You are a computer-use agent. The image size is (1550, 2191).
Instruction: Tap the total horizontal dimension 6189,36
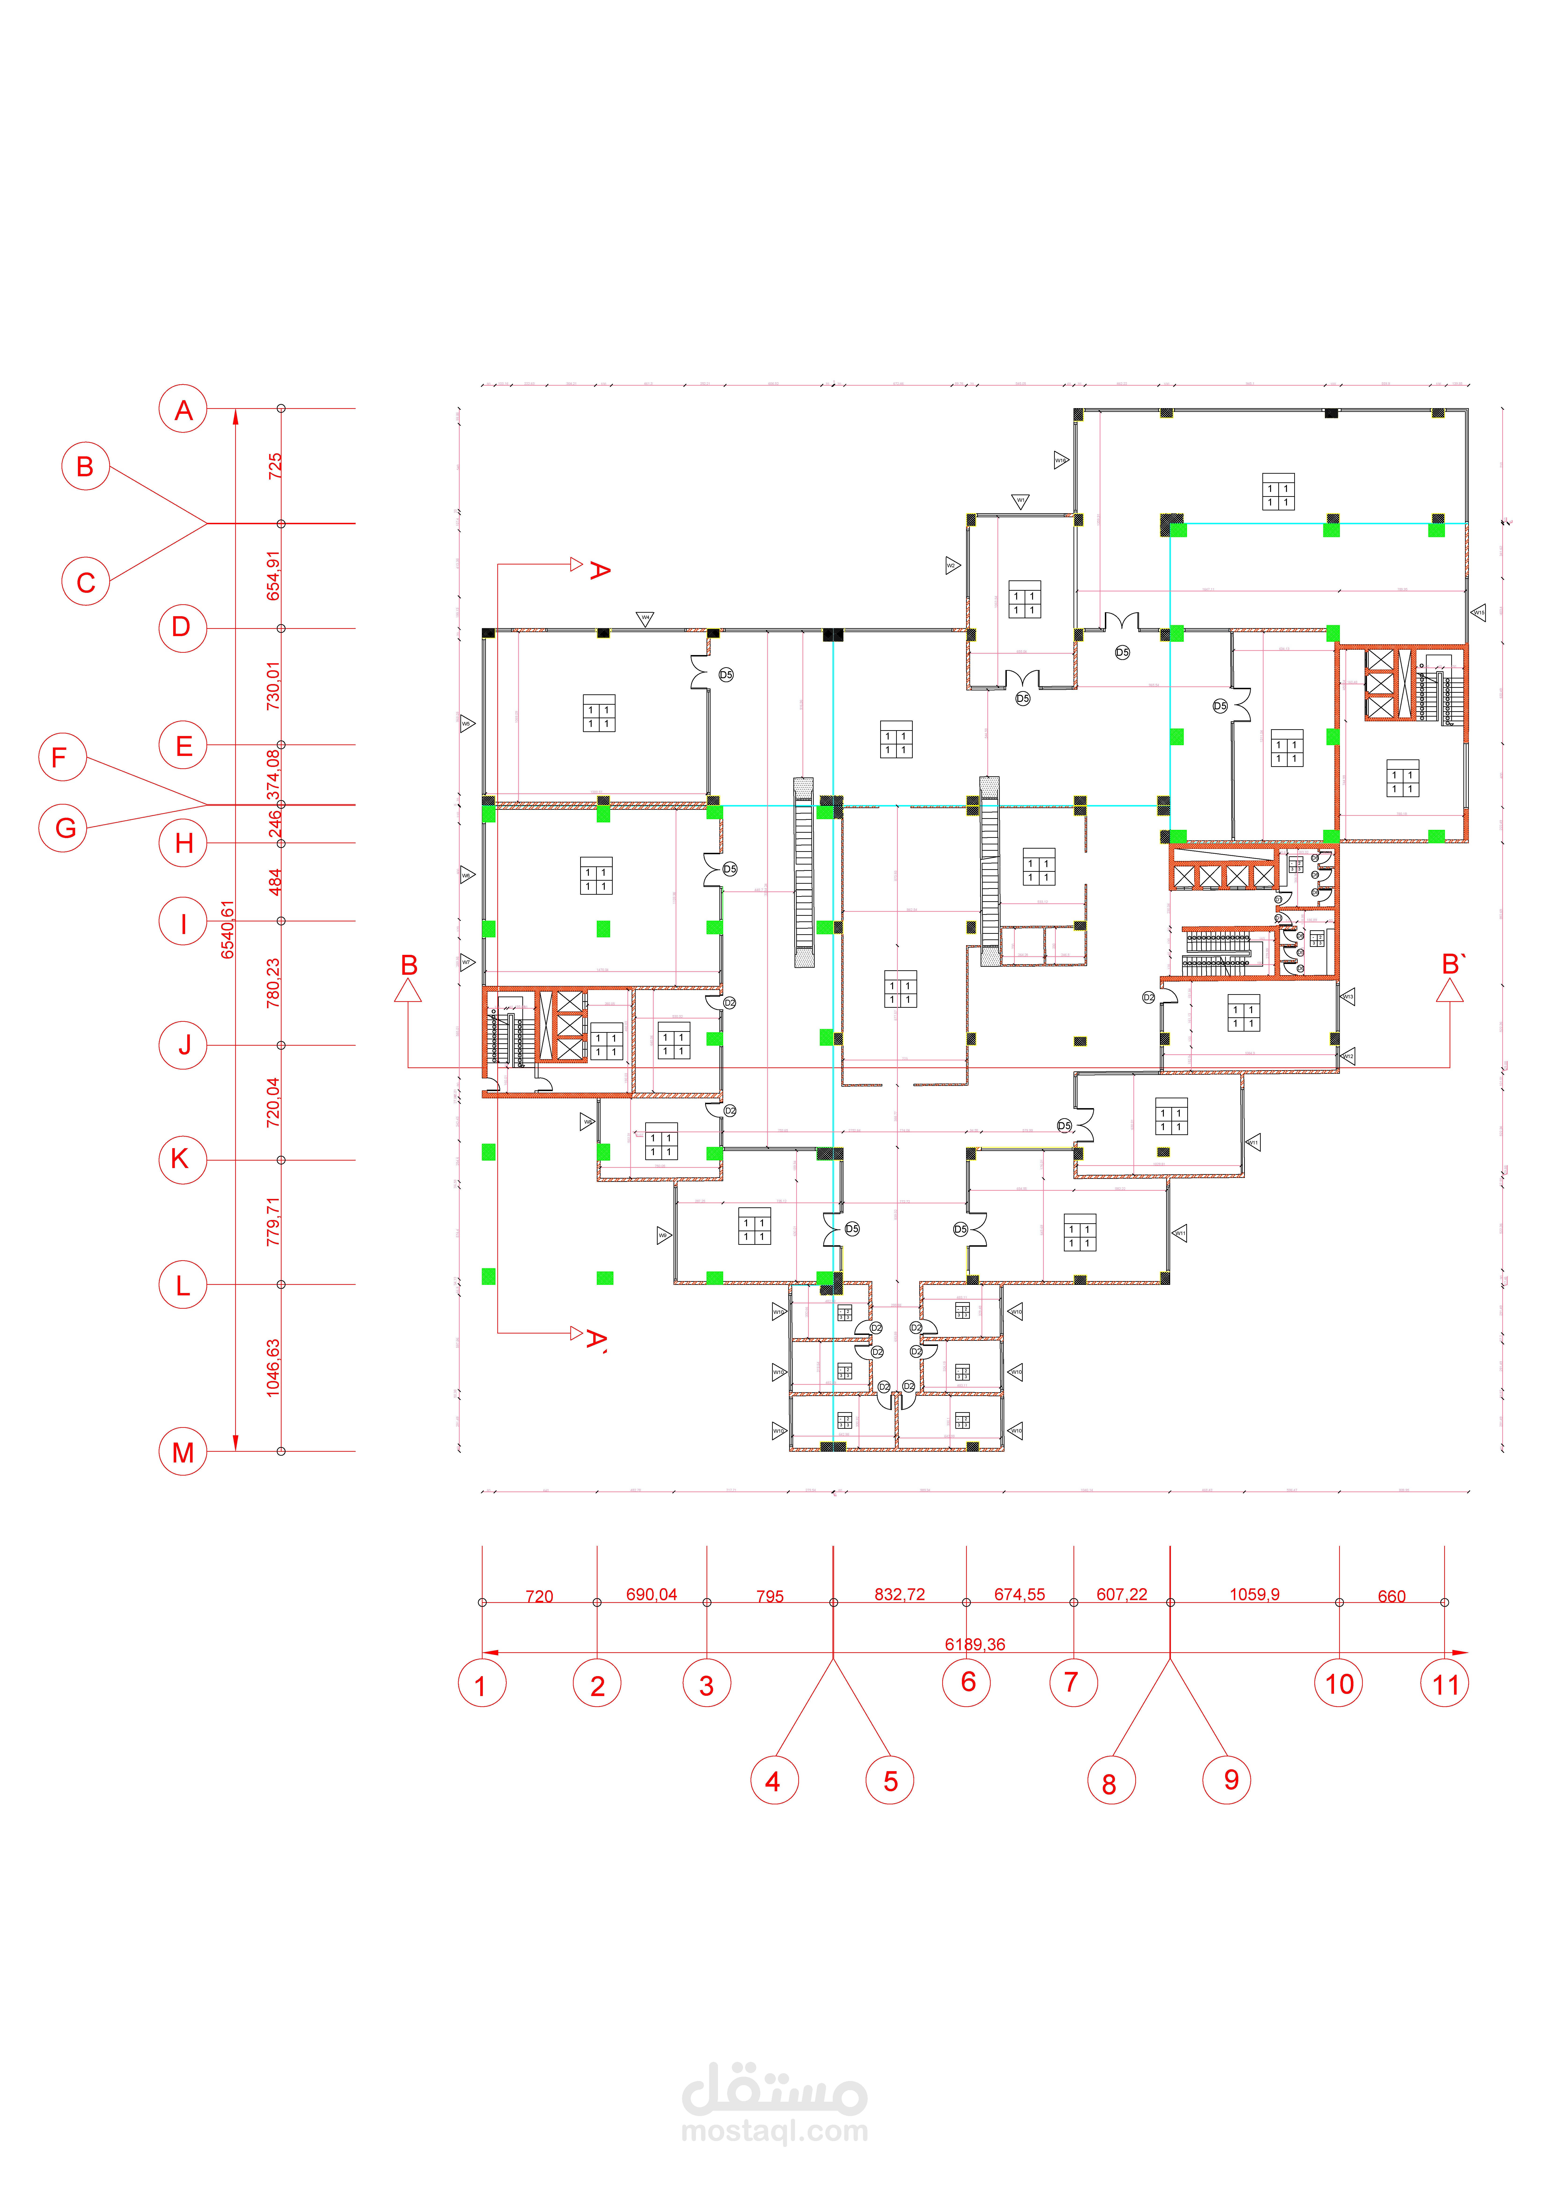[975, 1644]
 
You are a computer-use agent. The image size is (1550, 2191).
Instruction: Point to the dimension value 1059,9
[1254, 1595]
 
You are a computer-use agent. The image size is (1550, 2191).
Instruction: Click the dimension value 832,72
[899, 1595]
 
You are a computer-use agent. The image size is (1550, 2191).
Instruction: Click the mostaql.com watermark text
[775, 2131]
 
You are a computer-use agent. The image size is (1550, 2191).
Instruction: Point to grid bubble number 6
[967, 1682]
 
